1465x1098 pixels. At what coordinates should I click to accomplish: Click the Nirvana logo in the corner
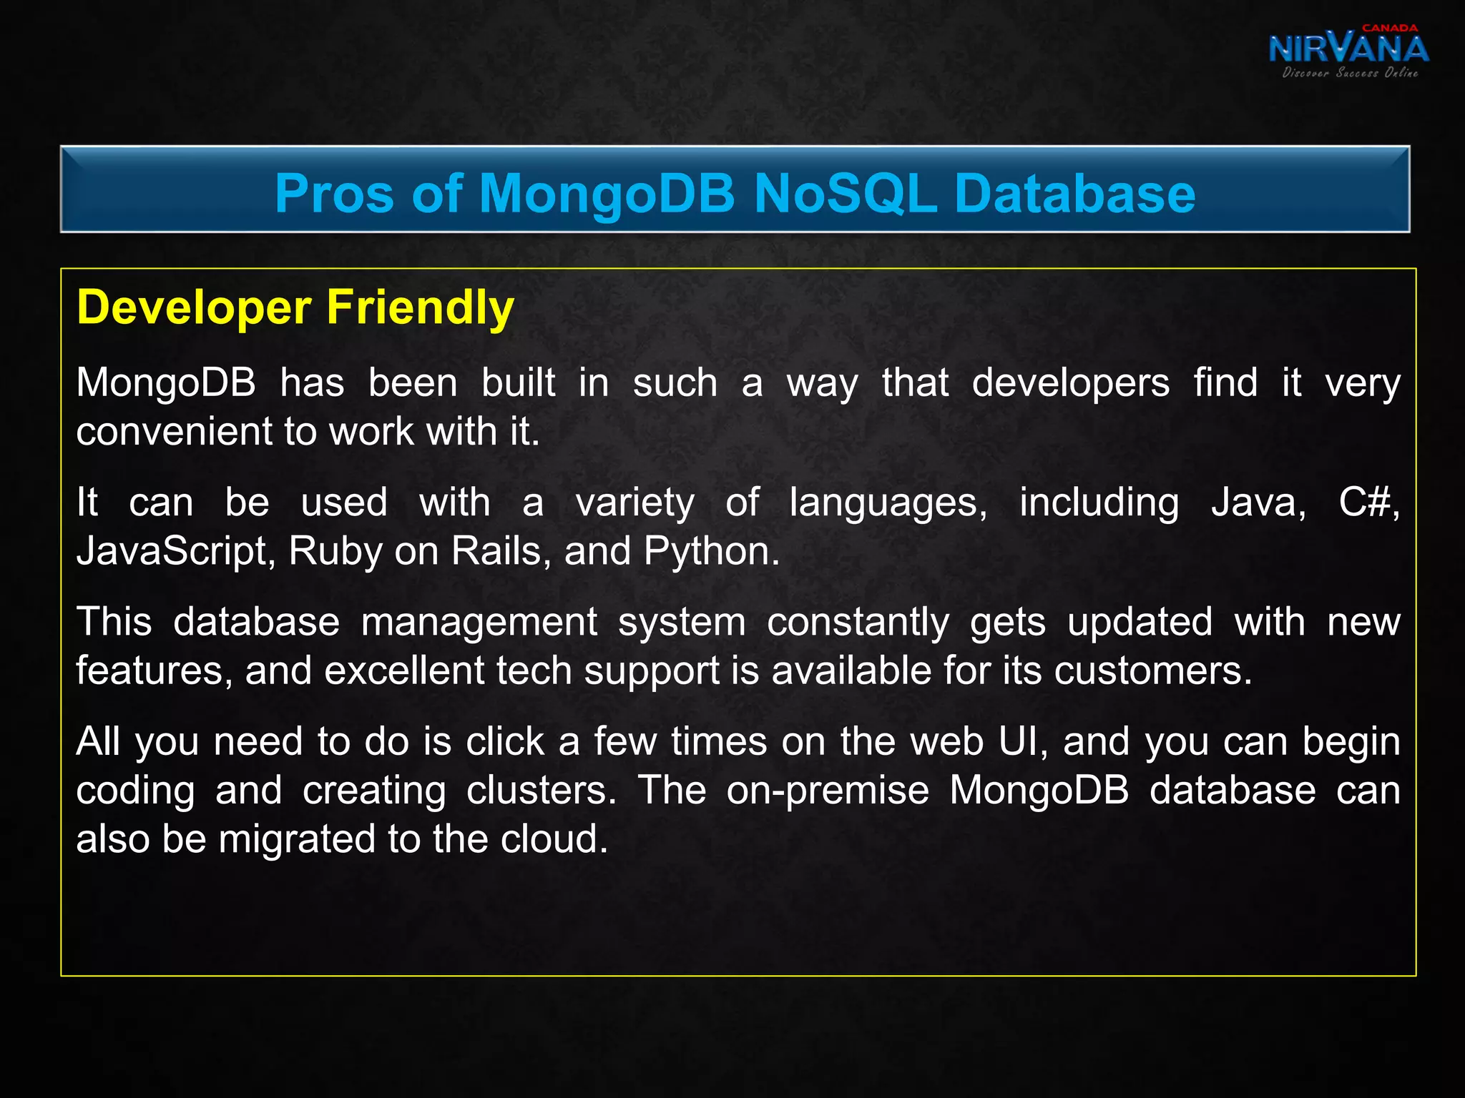tap(1348, 50)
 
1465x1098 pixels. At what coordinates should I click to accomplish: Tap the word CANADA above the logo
tap(1389, 28)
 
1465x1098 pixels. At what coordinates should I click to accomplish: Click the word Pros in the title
tap(334, 193)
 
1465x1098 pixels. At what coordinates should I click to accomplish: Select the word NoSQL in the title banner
tap(846, 193)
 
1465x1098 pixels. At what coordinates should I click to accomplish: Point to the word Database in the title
tap(1074, 193)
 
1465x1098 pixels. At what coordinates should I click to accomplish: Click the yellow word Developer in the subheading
tap(194, 308)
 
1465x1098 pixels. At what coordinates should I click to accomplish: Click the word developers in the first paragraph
tap(1070, 383)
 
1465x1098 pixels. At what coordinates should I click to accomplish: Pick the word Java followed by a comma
tap(1258, 503)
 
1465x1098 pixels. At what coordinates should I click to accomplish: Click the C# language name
tap(1366, 503)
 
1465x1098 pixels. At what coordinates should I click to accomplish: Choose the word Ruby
tap(335, 552)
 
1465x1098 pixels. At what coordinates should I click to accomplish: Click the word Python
tap(710, 552)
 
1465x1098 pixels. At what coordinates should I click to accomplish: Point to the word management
tap(479, 622)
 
